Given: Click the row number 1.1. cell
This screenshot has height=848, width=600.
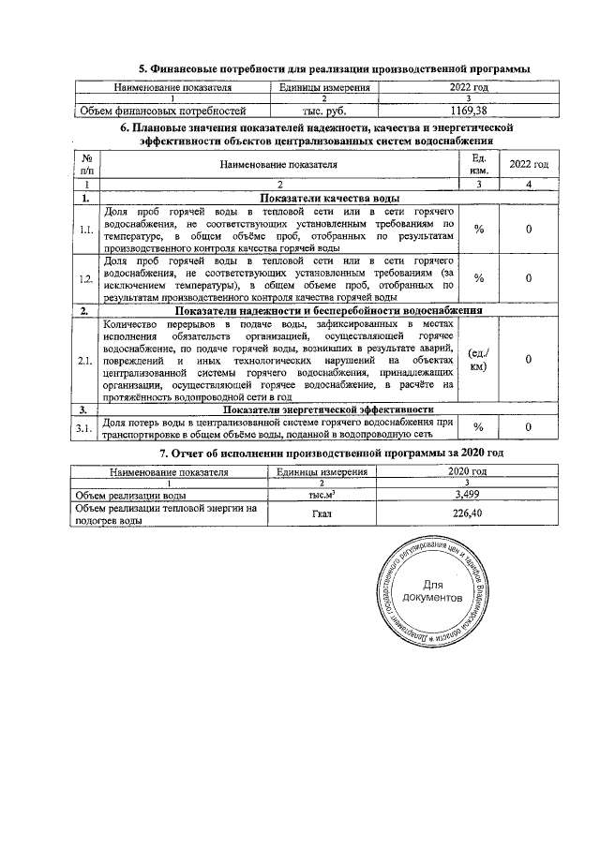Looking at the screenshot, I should coord(86,231).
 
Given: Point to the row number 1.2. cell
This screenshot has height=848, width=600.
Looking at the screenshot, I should coord(86,278).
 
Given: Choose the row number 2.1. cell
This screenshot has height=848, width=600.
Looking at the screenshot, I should coord(86,359).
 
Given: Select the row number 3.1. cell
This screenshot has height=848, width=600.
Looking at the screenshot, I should coord(86,427).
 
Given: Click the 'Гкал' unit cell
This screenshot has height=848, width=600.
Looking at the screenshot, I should coord(322,513).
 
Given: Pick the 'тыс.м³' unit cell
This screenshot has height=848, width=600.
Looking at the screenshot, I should coord(322,495).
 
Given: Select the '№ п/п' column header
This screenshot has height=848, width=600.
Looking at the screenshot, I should coord(86,165).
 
